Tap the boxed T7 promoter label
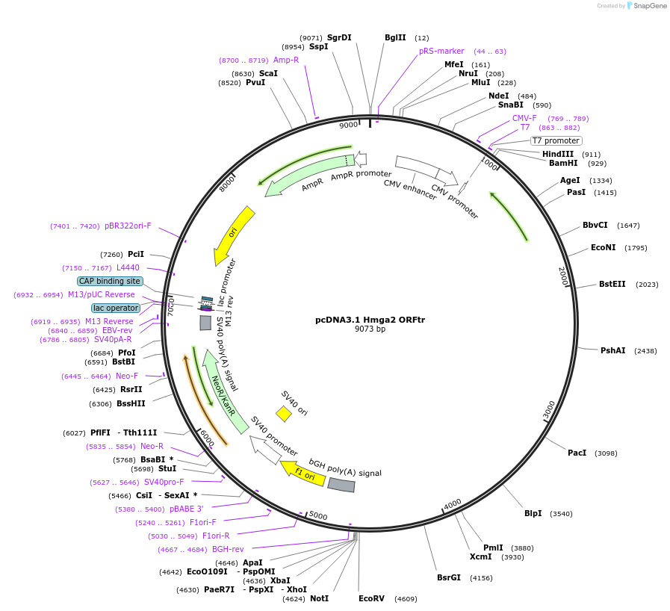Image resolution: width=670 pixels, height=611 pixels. pyautogui.click(x=556, y=140)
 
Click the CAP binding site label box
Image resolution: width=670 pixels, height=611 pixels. pyautogui.click(x=110, y=281)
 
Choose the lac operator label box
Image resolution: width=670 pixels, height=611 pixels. pyautogui.click(x=116, y=308)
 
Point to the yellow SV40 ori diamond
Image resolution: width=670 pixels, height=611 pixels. pyautogui.click(x=284, y=413)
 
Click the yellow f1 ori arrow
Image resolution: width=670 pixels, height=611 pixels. pyautogui.click(x=303, y=473)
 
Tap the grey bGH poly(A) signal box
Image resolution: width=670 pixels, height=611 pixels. pyautogui.click(x=341, y=485)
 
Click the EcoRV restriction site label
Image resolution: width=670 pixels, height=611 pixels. pyautogui.click(x=371, y=598)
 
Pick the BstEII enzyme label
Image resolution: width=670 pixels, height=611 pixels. pyautogui.click(x=612, y=284)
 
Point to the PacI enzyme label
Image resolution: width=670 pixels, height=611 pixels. pyautogui.click(x=577, y=453)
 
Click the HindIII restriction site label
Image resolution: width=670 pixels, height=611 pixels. pyautogui.click(x=558, y=154)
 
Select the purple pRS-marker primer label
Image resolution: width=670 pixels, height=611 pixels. pyautogui.click(x=441, y=51)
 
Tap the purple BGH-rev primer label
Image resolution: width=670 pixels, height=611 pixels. pyautogui.click(x=228, y=549)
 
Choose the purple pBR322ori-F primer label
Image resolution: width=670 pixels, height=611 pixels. pyautogui.click(x=128, y=226)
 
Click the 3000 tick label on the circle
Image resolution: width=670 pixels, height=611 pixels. pyautogui.click(x=550, y=409)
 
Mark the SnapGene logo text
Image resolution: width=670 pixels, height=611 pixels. pyautogui.click(x=648, y=6)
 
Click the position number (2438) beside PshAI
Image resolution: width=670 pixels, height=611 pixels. pyautogui.click(x=646, y=350)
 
